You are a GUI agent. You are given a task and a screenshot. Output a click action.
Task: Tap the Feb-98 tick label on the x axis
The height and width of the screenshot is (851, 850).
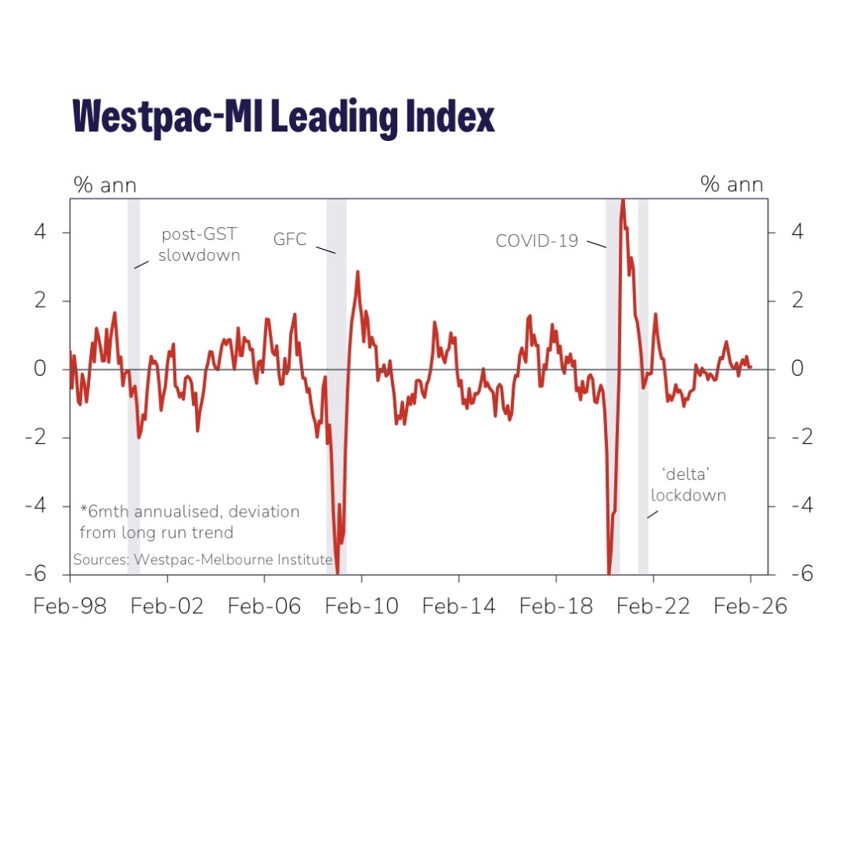70,607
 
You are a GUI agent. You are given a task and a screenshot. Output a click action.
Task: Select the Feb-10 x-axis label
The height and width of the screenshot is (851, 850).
361,607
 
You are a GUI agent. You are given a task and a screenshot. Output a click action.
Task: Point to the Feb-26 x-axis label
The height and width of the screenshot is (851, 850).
750,607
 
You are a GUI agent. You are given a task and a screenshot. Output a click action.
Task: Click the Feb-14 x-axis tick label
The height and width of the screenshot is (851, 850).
458,607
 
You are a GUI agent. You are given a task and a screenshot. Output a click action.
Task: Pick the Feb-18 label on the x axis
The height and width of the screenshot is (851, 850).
555,607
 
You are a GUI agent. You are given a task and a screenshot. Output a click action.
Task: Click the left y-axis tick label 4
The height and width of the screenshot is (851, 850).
39,233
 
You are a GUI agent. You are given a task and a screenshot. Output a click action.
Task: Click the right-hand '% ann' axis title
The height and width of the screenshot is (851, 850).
732,185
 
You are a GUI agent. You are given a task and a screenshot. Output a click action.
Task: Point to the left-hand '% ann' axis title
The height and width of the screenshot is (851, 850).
105,185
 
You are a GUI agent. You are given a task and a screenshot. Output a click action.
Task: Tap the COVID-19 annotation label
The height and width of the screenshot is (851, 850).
537,241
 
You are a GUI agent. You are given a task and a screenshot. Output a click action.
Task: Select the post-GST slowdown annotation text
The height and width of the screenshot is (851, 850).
199,245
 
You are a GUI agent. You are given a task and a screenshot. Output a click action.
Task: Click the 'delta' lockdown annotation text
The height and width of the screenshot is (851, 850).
688,485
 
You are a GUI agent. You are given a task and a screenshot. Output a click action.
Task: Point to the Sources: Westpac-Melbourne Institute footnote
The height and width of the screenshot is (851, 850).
202,560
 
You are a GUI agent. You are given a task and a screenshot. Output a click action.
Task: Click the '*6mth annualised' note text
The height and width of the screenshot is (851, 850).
190,521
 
